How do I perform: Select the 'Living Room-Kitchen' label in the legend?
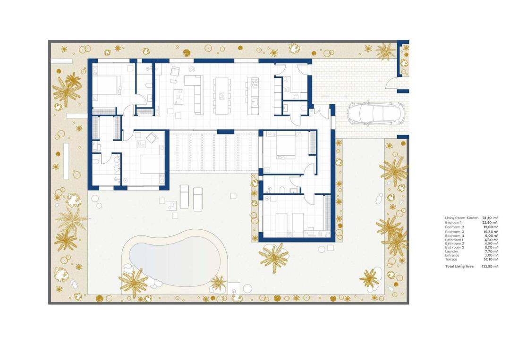pyautogui.click(x=461, y=218)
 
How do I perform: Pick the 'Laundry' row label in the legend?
pyautogui.click(x=451, y=251)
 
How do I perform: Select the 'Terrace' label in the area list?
pyautogui.click(x=451, y=260)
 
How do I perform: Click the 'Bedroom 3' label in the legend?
pyautogui.click(x=454, y=232)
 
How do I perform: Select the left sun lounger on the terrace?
pyautogui.click(x=185, y=197)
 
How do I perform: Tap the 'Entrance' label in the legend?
pyautogui.click(x=452, y=255)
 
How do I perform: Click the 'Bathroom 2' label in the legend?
pyautogui.click(x=455, y=243)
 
